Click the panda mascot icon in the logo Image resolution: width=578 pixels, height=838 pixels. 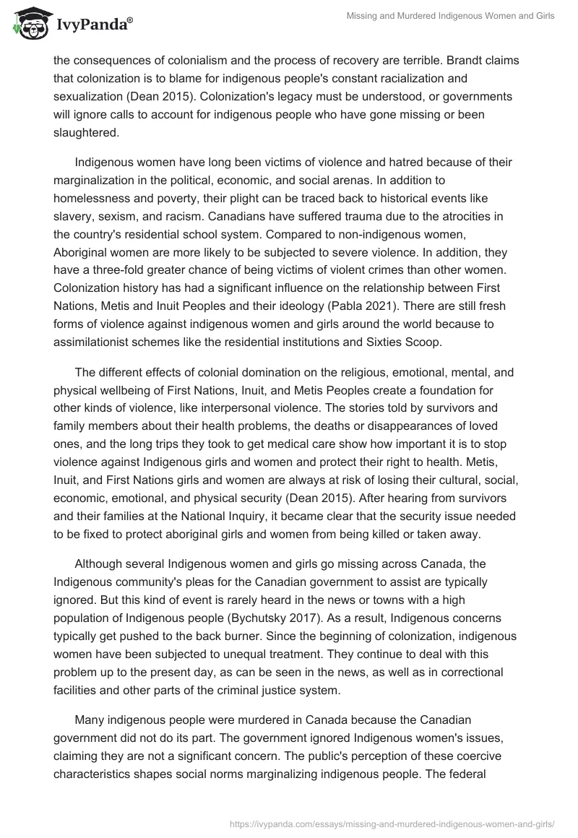tap(27, 27)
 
